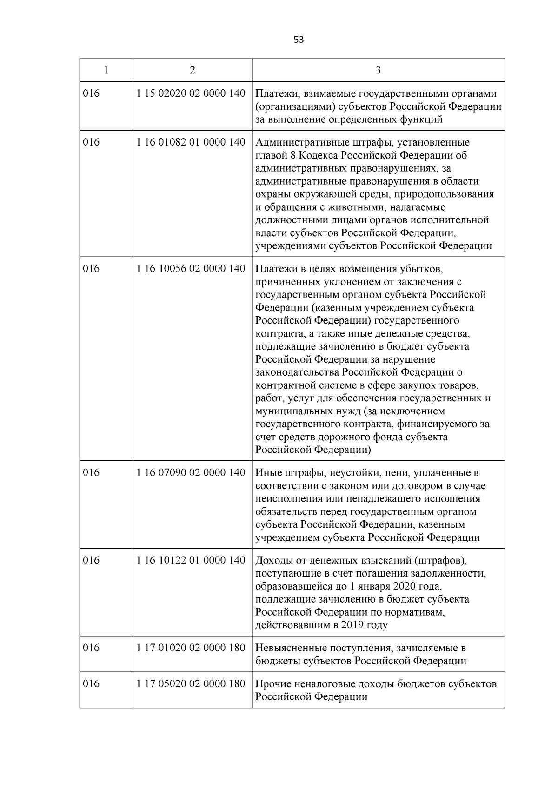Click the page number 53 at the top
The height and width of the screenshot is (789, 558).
tap(299, 40)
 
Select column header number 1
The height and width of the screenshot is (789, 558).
tap(106, 70)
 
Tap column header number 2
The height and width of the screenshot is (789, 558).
tap(193, 70)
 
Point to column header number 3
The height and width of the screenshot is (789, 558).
tap(378, 70)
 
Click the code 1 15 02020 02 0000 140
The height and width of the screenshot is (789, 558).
tap(191, 93)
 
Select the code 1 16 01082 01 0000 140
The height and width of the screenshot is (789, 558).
tap(191, 142)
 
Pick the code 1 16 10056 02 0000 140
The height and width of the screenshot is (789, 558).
tap(191, 268)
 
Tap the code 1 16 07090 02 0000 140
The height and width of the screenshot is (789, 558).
tap(191, 472)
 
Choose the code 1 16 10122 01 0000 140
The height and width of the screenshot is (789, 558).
tap(191, 560)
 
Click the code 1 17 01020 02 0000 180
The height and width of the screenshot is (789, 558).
tap(191, 648)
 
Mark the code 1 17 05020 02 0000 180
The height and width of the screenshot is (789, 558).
tap(191, 684)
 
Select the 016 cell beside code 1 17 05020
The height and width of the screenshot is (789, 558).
tap(91, 684)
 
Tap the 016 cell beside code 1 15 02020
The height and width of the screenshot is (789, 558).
tap(91, 93)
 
